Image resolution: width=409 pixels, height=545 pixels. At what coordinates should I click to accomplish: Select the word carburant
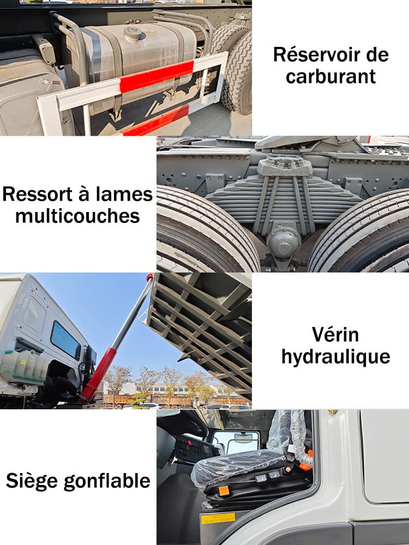click(x=331, y=76)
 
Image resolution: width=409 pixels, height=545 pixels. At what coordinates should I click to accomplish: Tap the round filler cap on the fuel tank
click(x=133, y=33)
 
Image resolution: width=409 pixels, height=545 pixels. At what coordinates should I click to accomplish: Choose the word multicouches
click(x=77, y=216)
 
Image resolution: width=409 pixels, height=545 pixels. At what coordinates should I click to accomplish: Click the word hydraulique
click(x=336, y=357)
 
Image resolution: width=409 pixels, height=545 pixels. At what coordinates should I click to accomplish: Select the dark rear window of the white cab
click(x=65, y=340)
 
